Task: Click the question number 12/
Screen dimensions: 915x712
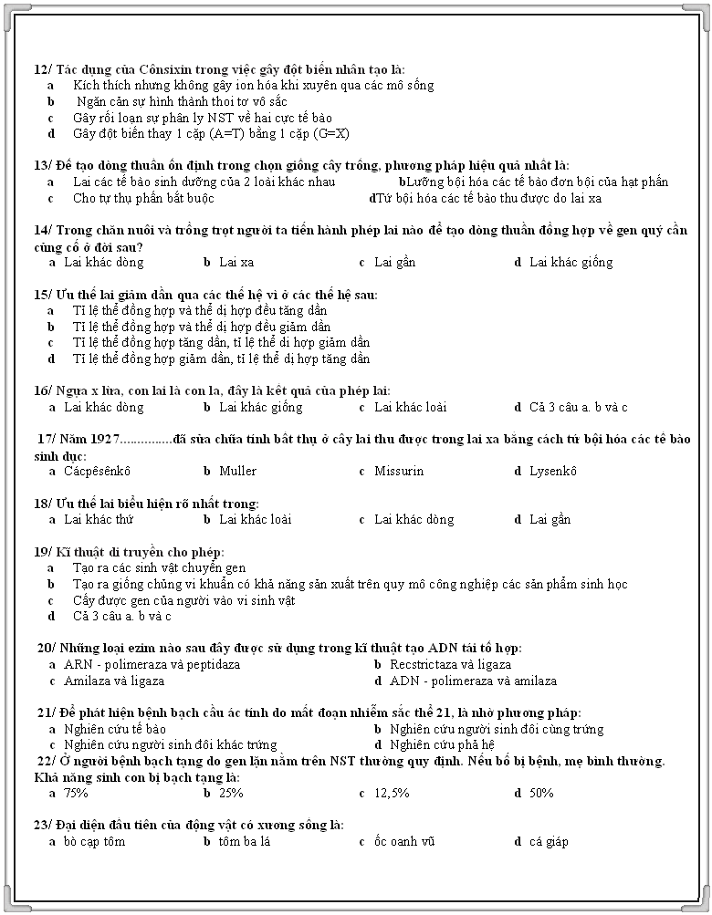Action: [x=43, y=69]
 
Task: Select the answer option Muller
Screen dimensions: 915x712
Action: [x=237, y=472]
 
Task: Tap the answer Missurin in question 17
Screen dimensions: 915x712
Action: [x=399, y=472]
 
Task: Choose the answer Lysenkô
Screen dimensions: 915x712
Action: [x=553, y=472]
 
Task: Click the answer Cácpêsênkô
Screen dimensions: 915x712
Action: [x=97, y=472]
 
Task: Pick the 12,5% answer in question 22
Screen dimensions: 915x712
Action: [x=392, y=794]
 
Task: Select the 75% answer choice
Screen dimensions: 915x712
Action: [x=76, y=794]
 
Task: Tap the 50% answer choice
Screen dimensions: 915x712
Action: [x=541, y=794]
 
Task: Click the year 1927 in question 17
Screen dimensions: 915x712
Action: [x=105, y=440]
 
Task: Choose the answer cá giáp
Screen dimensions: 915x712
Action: [x=549, y=842]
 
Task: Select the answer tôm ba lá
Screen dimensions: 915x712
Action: [x=245, y=842]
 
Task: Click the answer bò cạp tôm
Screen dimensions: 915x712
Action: [x=94, y=842]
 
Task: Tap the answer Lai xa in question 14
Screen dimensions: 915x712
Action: [x=236, y=263]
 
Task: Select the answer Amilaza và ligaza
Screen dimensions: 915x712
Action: [x=114, y=681]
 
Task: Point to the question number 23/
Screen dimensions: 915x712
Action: [x=43, y=826]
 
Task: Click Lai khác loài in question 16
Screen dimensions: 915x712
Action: [x=410, y=408]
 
